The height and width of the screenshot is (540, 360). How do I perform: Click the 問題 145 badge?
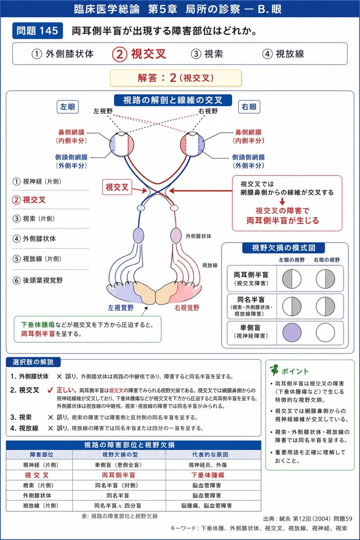[x=38, y=31]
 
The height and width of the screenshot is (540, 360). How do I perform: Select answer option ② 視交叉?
[x=139, y=54]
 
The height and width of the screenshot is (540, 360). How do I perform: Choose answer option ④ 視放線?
[x=283, y=54]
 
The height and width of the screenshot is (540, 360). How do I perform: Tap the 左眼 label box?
[x=68, y=107]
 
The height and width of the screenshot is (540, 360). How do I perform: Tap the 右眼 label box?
[x=249, y=107]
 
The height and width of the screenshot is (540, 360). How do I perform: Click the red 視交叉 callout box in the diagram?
[x=117, y=187]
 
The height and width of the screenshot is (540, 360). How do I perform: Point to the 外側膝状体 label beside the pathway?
[x=198, y=236]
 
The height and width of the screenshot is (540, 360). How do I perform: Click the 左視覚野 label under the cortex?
[x=121, y=308]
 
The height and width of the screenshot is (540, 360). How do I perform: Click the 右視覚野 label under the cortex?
[x=187, y=308]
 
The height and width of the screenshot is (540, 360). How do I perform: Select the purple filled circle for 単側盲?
[x=292, y=332]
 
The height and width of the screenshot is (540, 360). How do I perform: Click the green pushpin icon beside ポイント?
[x=274, y=370]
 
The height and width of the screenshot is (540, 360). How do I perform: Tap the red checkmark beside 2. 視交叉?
[x=50, y=390]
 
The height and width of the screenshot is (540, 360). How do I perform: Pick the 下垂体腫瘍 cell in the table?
[x=208, y=475]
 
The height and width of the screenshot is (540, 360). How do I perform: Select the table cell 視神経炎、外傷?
[x=208, y=465]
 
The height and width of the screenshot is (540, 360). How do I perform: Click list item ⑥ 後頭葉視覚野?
[x=38, y=281]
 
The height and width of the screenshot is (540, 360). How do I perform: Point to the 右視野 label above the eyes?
[x=208, y=111]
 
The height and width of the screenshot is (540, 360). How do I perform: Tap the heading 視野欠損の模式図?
[x=284, y=248]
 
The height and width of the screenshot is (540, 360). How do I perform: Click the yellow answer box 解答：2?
[x=176, y=78]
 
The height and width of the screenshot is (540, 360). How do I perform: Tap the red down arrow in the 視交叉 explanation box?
[x=282, y=202]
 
